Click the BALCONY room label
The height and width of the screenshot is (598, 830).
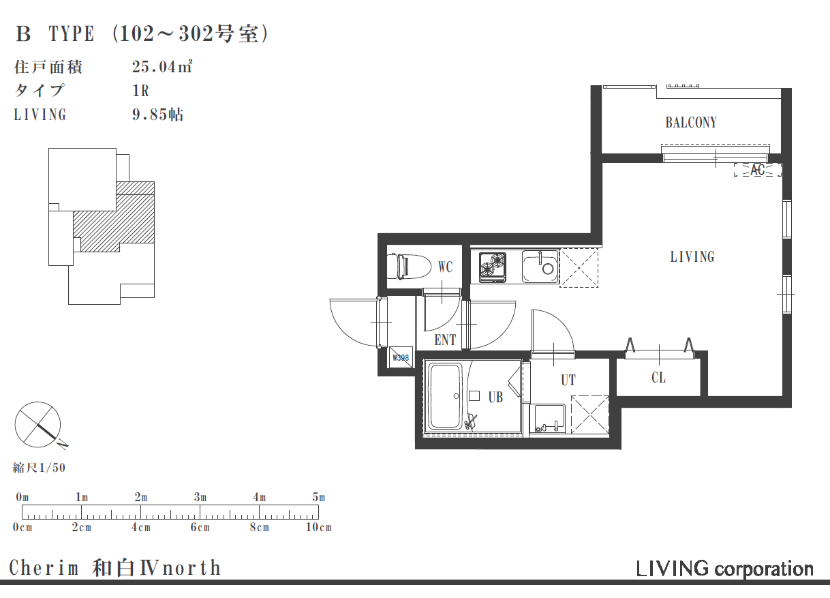coord(691,123)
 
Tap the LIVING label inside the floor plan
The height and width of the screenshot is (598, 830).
coord(692,257)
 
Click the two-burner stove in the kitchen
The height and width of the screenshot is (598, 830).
coord(493,267)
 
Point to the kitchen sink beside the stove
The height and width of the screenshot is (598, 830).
coord(540,267)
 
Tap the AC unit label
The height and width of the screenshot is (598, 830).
coord(757,170)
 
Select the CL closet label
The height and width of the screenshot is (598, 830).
coord(658,378)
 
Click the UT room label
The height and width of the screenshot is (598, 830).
coord(568,380)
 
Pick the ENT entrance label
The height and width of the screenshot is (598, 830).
coord(445,340)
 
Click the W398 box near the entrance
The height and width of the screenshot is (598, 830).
coord(401,357)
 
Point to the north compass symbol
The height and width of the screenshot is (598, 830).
coord(38,424)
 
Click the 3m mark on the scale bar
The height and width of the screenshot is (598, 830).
coord(200,497)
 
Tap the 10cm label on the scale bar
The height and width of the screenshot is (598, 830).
coord(319,527)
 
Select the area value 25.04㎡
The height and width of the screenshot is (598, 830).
coord(162,67)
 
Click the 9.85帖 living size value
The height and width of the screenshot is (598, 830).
coord(157,115)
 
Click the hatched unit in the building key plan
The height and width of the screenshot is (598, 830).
coord(116,222)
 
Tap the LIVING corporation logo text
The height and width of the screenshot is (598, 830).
coord(724,569)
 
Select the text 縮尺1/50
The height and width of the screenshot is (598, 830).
coord(39,468)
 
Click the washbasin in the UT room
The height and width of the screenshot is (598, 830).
coord(549,419)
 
